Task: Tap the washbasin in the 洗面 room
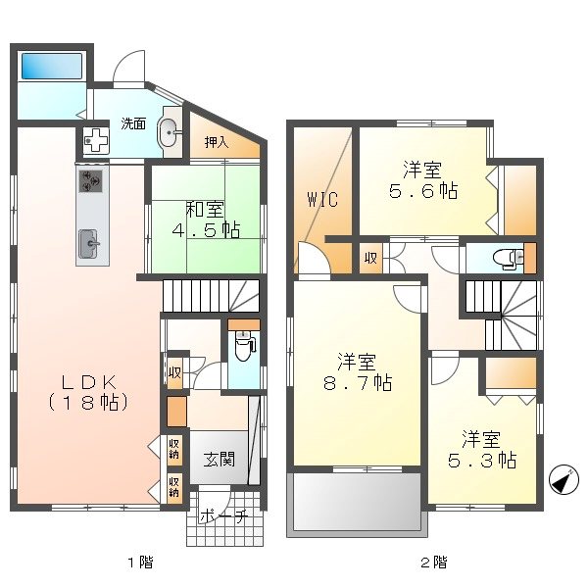(168, 130)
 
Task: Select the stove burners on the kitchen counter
(92, 181)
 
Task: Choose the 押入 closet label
(217, 143)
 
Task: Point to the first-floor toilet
(244, 345)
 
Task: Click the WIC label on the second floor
(321, 200)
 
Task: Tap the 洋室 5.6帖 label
(421, 178)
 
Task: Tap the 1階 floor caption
(139, 563)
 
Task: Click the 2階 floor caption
(434, 563)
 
